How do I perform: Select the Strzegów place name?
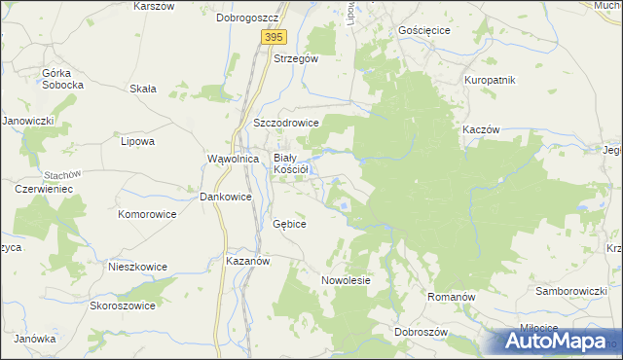(296, 58)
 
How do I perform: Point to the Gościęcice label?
(424, 30)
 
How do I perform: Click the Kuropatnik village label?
(490, 80)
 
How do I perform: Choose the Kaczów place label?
(481, 129)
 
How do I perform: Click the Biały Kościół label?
(291, 162)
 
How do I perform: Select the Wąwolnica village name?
(233, 158)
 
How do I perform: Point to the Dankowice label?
(226, 197)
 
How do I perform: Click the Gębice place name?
(290, 224)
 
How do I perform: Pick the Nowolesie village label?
(347, 280)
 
